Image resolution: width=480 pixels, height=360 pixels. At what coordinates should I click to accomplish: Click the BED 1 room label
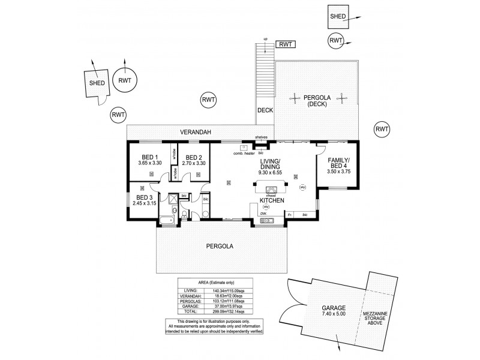click(x=148, y=157)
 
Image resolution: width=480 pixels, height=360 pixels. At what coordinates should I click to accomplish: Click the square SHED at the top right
click(x=337, y=17)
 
